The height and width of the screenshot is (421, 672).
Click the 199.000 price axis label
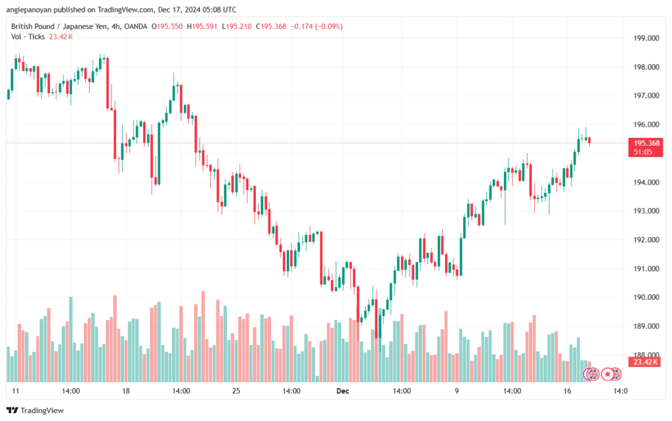pos(646,38)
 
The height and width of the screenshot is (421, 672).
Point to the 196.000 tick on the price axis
pos(646,125)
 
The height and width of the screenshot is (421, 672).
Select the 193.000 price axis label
pos(646,211)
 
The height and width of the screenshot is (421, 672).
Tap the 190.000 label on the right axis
pos(646,298)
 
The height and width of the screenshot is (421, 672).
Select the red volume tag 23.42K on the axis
pos(646,362)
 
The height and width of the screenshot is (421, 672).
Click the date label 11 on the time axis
pos(16,391)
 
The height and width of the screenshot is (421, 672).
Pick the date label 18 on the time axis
pos(125,391)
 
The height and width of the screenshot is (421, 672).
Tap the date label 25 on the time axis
pos(236,391)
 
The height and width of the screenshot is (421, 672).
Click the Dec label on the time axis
pos(343,391)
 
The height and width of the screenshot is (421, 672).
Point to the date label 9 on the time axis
pos(457,391)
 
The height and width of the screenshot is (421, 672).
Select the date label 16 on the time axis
pos(568,391)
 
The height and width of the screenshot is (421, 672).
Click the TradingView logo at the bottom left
pos(35,410)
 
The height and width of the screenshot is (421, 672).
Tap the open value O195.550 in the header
pos(167,26)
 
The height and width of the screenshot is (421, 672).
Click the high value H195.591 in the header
pos(202,26)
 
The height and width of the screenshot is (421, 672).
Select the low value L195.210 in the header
pos(236,26)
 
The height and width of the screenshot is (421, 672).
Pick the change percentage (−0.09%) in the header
pos(329,26)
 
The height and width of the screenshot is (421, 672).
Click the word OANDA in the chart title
pos(135,26)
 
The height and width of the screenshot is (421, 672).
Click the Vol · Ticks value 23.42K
pos(61,37)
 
